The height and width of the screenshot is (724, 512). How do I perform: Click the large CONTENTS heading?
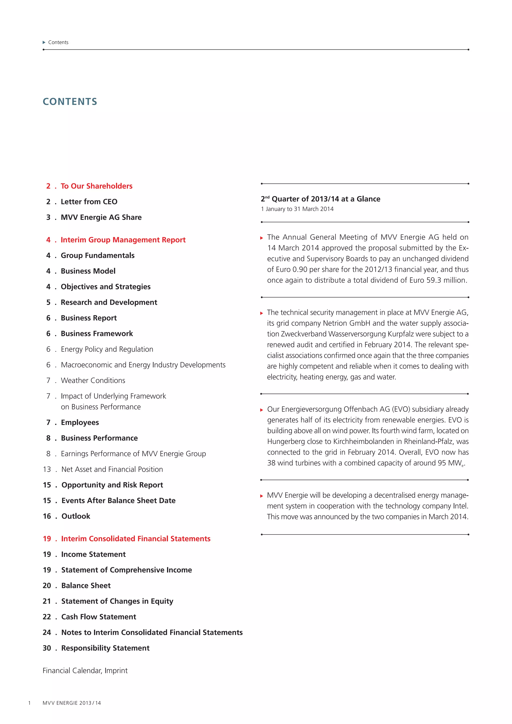[x=70, y=101]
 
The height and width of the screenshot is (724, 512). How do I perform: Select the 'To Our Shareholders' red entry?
[x=96, y=186]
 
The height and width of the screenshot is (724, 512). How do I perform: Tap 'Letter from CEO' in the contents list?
[x=89, y=202]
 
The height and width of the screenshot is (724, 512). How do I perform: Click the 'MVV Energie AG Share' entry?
[x=101, y=217]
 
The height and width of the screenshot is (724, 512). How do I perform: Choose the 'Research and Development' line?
[x=109, y=302]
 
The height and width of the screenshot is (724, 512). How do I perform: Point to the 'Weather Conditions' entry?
[x=93, y=380]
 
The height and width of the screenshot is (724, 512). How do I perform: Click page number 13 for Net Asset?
[x=47, y=469]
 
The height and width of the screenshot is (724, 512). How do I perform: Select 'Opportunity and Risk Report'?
[x=112, y=485]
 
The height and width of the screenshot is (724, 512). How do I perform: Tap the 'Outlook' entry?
[x=76, y=516]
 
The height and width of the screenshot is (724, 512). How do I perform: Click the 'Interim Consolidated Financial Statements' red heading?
[x=135, y=538]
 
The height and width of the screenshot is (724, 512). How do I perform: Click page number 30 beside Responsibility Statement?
[x=47, y=648]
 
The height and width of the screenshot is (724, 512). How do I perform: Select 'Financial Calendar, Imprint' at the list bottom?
[x=85, y=670]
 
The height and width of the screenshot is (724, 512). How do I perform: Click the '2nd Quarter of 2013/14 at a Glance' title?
[x=320, y=199]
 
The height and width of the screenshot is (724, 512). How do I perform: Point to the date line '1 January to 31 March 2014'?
[x=297, y=209]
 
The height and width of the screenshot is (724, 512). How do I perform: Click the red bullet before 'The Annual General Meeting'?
[x=261, y=238]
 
